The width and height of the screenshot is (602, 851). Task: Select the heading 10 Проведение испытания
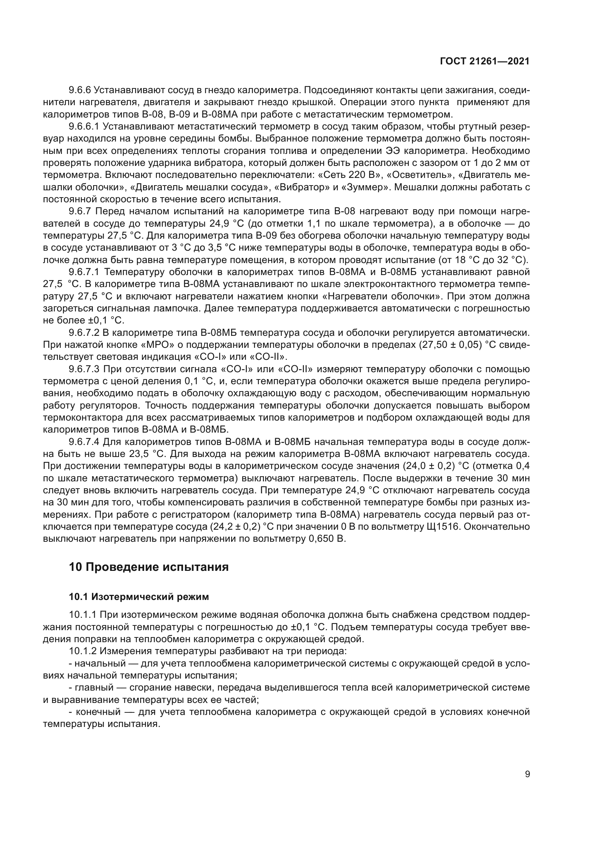148,567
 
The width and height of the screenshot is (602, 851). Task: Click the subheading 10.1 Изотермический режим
139,597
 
